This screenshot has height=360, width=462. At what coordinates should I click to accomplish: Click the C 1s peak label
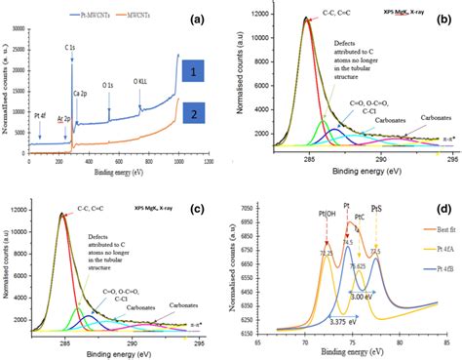[71, 47]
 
